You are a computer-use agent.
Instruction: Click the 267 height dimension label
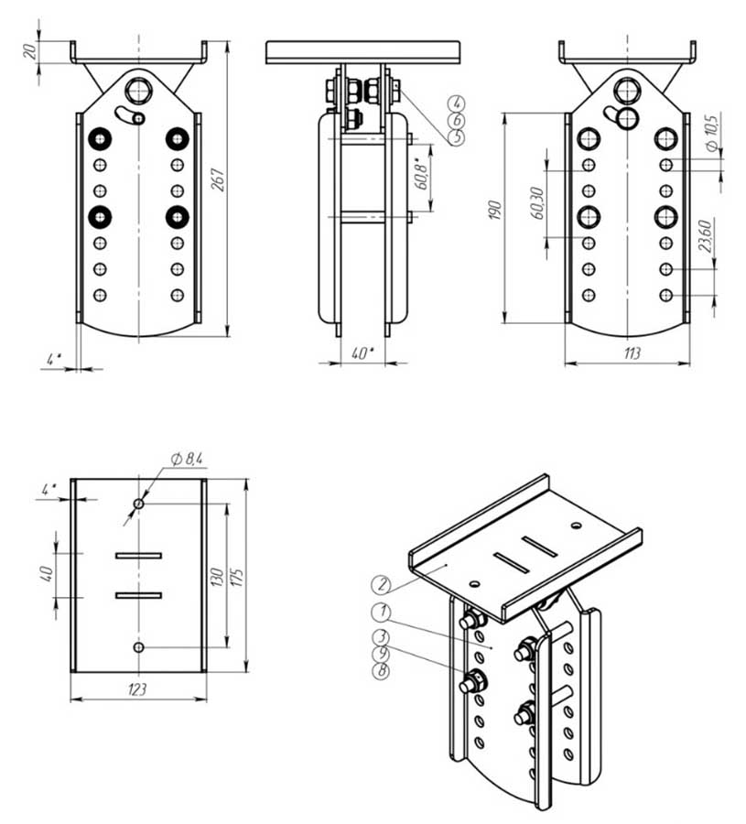pyautogui.click(x=219, y=179)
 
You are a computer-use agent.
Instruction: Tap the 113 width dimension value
pyautogui.click(x=631, y=352)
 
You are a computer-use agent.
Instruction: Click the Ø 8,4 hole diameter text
pyautogui.click(x=187, y=459)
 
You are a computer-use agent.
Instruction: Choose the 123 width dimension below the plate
pyautogui.click(x=137, y=688)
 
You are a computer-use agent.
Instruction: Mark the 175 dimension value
pyautogui.click(x=239, y=577)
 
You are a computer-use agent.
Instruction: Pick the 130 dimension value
pyautogui.click(x=218, y=577)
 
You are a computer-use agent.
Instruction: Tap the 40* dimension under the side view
pyautogui.click(x=362, y=353)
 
